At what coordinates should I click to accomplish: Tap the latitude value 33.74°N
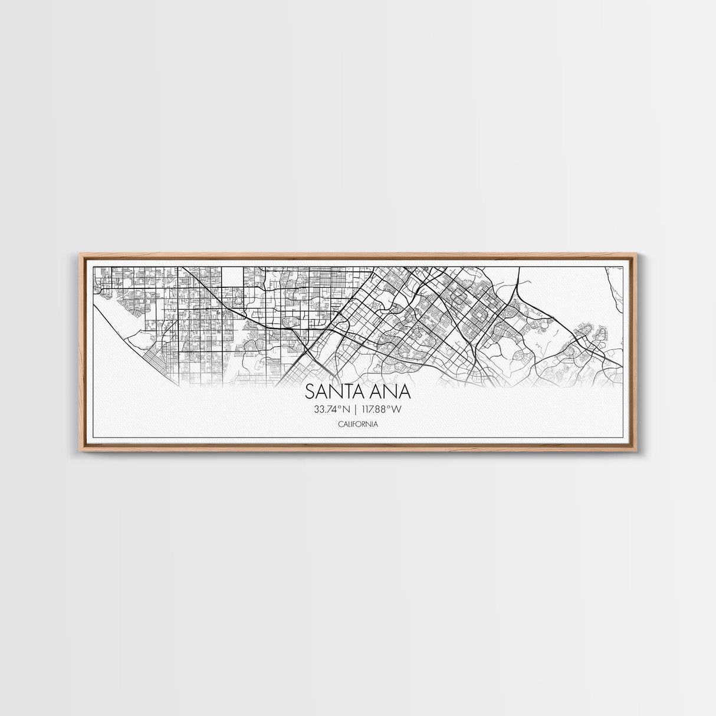[332, 409]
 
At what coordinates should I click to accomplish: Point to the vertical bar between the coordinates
[356, 409]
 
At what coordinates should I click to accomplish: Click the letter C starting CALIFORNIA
[340, 424]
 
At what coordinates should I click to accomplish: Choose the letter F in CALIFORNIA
[354, 424]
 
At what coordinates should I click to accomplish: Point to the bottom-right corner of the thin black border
[623, 438]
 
